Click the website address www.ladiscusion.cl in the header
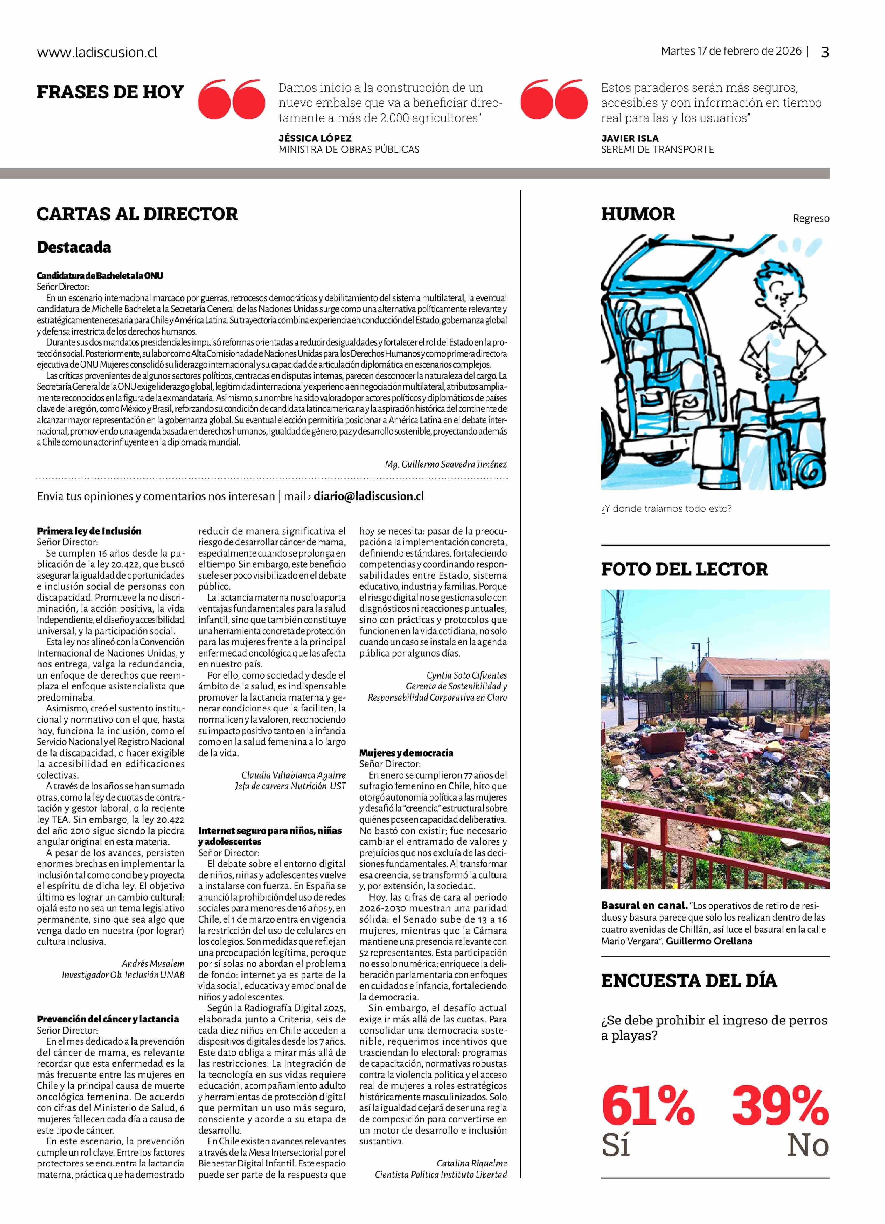pos(97,52)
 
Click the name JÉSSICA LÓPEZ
pos(315,138)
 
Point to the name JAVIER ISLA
pos(630,138)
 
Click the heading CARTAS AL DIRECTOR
pos(137,214)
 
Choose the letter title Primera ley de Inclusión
pos(89,531)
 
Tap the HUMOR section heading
pos(638,214)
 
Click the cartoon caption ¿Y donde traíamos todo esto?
pos(666,508)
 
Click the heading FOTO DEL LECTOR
pos(684,569)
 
